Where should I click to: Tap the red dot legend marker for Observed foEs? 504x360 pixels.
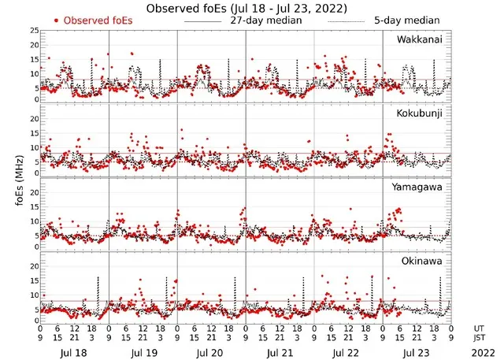(55, 20)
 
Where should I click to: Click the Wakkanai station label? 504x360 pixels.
(419, 39)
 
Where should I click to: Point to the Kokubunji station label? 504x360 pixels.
(419, 113)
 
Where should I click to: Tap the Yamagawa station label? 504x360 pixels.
(419, 187)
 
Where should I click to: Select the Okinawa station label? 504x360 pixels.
(423, 259)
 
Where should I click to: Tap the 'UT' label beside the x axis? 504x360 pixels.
(480, 327)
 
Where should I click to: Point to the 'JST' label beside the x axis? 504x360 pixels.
(480, 337)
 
